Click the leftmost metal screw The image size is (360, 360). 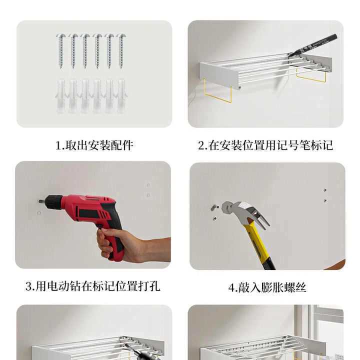pyautogui.click(x=61, y=51)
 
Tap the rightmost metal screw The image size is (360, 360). pyautogui.click(x=121, y=51)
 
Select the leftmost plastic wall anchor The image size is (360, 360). pyautogui.click(x=60, y=96)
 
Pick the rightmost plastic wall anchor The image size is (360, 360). pyautogui.click(x=121, y=96)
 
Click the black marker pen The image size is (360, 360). pyautogui.click(x=312, y=45)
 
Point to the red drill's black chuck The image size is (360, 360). pyautogui.click(x=53, y=201)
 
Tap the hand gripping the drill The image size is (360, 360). pyautogui.click(x=128, y=245)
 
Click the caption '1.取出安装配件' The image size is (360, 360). pyautogui.click(x=94, y=145)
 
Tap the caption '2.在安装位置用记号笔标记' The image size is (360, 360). pyautogui.click(x=265, y=145)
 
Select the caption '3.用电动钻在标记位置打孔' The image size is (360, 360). pyautogui.click(x=93, y=286)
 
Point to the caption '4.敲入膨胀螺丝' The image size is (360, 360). pyautogui.click(x=267, y=287)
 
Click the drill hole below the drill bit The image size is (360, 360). pyautogui.click(x=39, y=213)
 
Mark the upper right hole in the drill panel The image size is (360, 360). pyautogui.click(x=148, y=185)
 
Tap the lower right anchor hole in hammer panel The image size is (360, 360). pyautogui.click(x=325, y=200)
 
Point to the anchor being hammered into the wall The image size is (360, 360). pyautogui.click(x=214, y=207)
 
